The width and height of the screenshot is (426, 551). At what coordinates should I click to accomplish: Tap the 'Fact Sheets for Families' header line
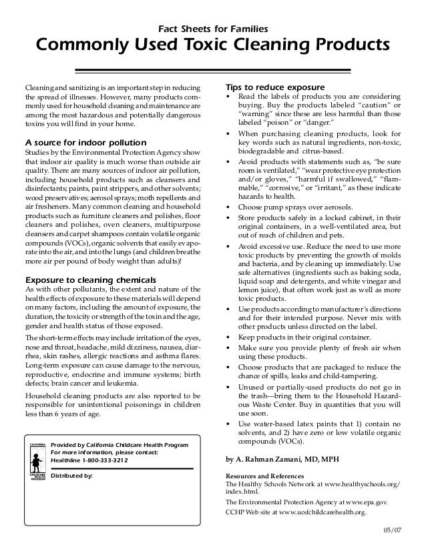click(212, 29)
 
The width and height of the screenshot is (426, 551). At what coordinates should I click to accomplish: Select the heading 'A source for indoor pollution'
click(85, 143)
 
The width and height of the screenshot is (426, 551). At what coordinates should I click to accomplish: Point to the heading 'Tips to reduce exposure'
click(275, 88)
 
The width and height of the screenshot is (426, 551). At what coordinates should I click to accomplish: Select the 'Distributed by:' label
click(72, 476)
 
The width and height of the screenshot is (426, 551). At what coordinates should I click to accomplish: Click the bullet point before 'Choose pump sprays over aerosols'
click(230, 207)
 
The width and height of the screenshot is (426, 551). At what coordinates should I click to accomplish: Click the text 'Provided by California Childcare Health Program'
click(120, 445)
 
